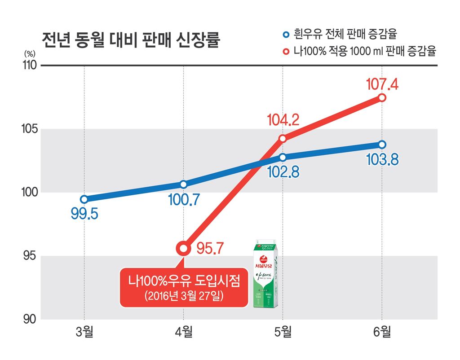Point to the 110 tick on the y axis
(29, 66)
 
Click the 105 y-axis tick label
(29, 129)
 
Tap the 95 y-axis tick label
(30, 257)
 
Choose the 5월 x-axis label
(283, 333)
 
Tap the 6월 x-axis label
(382, 333)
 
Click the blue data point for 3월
(84, 199)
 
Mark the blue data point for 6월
(382, 145)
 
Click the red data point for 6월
(382, 98)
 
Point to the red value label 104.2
(283, 120)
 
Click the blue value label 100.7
(184, 199)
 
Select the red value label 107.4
(382, 83)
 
